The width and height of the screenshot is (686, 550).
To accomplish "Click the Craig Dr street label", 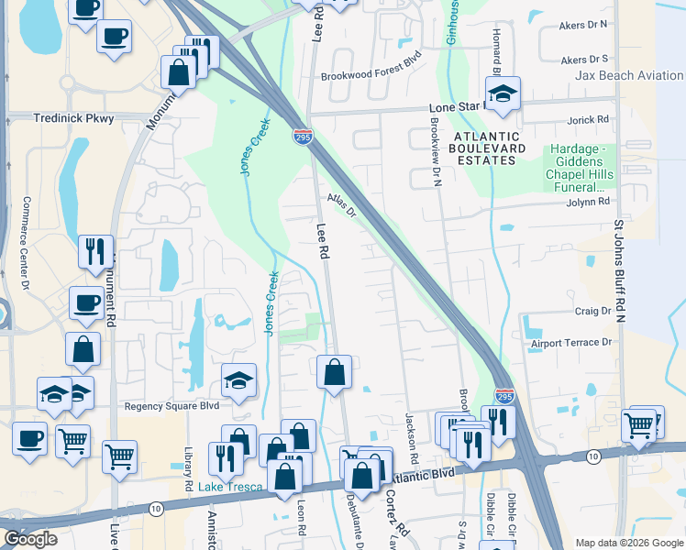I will click(592, 312).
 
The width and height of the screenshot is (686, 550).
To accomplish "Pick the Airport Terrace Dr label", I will click(570, 343).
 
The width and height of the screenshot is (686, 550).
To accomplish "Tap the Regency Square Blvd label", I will click(171, 405).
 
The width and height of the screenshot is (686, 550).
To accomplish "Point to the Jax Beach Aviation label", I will click(629, 76).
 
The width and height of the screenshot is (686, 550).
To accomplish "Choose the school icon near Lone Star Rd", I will click(503, 94).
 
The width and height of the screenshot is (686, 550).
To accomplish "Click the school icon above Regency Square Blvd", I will click(238, 379).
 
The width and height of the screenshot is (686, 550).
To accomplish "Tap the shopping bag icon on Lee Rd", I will click(335, 372).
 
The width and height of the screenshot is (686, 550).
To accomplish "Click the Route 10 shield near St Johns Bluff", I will click(594, 456).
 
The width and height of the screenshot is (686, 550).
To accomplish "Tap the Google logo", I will click(30, 539).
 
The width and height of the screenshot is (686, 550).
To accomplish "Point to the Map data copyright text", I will click(629, 543).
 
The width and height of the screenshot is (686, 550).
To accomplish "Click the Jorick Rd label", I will click(589, 120).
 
